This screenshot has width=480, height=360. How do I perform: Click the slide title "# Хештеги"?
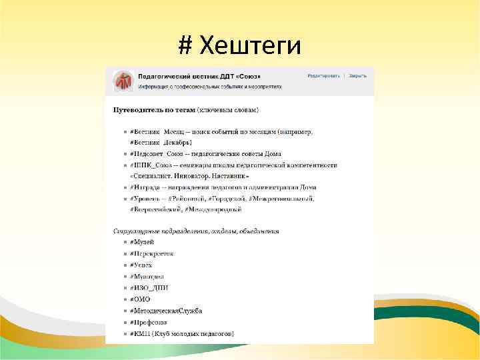pos(239,45)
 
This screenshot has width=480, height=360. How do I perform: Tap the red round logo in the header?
pos(123,81)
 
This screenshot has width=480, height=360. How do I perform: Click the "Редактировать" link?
pos(323,75)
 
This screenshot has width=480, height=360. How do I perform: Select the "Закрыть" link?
pos(357,75)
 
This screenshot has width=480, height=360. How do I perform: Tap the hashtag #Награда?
pos(145,187)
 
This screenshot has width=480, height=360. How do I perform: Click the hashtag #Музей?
pos(142,241)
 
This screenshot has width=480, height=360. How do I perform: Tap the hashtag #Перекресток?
pos(152,253)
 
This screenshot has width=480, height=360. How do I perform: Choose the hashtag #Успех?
pos(141,265)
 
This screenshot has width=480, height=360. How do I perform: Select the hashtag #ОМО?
pos(141,299)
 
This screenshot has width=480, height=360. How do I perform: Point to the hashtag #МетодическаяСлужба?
pos(166,311)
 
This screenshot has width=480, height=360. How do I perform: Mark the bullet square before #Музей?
pos(124,242)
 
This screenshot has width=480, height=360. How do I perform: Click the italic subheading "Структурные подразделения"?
pos(153,231)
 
